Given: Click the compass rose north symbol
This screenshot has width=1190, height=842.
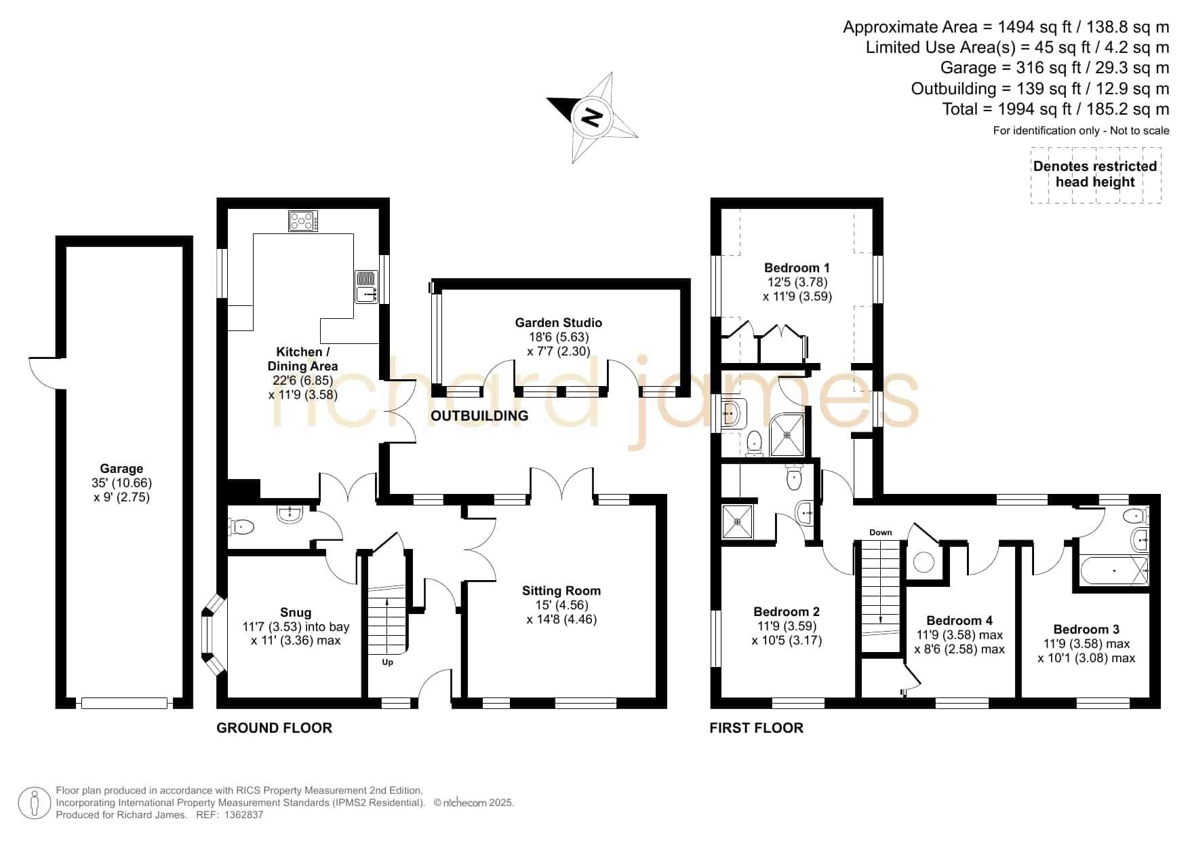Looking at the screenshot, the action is pos(593,117).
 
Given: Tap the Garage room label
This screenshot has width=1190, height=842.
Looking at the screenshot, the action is pos(121,468).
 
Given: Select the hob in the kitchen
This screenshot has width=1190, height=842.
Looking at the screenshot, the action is pos(302,221).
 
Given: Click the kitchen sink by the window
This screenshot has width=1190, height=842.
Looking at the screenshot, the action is pos(366,286).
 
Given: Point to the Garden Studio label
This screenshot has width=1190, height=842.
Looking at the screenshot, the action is pos(558,323).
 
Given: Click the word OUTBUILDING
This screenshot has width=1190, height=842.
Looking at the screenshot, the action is pos(479,416).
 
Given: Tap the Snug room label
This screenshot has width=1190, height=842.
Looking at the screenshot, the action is pos(296,612).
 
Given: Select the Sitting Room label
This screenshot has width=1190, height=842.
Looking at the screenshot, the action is pos(561,591).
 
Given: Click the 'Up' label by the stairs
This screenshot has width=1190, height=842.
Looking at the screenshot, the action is pos(387,662).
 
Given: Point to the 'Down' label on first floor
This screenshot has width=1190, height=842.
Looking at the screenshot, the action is pos(881,533).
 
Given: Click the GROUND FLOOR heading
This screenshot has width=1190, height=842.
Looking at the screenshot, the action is pos(274,728).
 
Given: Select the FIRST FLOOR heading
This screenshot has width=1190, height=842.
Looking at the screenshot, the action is pos(756,728).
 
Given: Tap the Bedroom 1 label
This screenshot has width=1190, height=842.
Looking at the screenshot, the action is pos(797,268).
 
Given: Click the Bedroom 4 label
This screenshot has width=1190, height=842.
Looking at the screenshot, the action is pos(959,621).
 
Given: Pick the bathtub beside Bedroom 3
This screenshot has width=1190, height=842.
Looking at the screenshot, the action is pos(1114,571).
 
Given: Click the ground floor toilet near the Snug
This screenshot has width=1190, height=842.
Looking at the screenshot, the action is pos(241,526).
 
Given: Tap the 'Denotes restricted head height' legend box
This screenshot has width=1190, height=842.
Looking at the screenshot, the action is pos(1096,175).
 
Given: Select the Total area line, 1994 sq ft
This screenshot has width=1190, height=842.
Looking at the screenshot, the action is pos(1056,109).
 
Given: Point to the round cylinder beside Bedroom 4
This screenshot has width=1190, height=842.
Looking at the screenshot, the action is pos(924,562).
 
